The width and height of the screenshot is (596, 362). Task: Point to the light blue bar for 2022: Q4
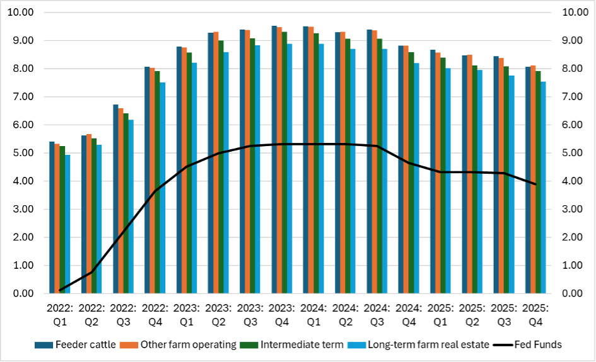click(x=162, y=188)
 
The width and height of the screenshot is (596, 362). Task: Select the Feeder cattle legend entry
click(x=72, y=344)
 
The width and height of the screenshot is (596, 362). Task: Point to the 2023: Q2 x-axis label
click(x=219, y=315)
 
